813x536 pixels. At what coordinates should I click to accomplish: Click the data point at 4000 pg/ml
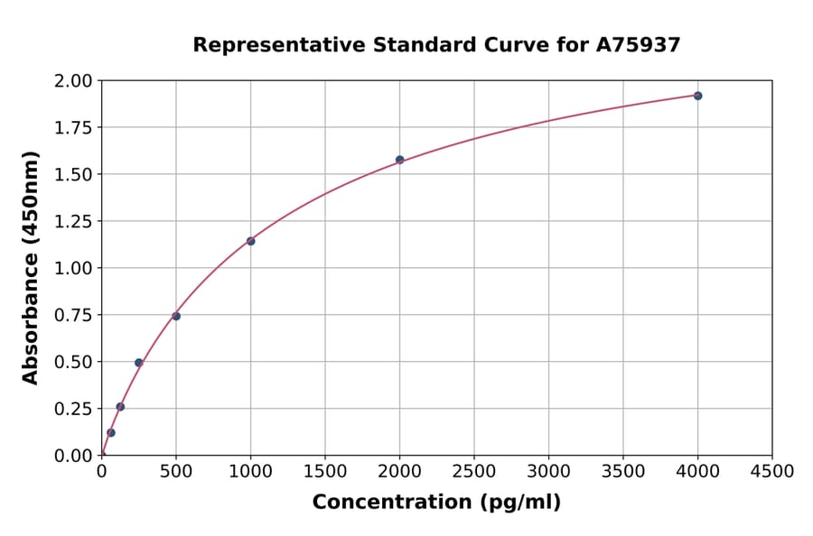click(697, 96)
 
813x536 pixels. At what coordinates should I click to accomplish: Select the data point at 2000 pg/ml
click(399, 160)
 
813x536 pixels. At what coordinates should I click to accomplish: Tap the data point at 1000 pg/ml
click(250, 241)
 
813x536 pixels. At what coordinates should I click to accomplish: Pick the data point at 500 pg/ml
click(176, 316)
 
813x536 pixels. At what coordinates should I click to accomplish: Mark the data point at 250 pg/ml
click(139, 363)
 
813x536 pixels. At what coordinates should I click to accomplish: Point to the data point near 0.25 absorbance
click(120, 407)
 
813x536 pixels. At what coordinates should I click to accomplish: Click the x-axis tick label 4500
click(772, 472)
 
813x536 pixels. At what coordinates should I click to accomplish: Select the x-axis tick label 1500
click(325, 472)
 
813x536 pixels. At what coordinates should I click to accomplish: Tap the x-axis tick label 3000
click(548, 472)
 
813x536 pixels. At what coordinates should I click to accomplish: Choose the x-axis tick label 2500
click(474, 472)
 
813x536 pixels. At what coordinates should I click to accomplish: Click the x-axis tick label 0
click(102, 472)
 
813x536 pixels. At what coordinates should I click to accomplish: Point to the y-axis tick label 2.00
click(73, 81)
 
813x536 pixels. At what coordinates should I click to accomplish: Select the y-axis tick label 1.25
click(73, 222)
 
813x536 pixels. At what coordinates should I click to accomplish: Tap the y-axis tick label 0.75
click(73, 316)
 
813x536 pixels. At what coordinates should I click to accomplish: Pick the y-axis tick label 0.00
click(73, 456)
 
